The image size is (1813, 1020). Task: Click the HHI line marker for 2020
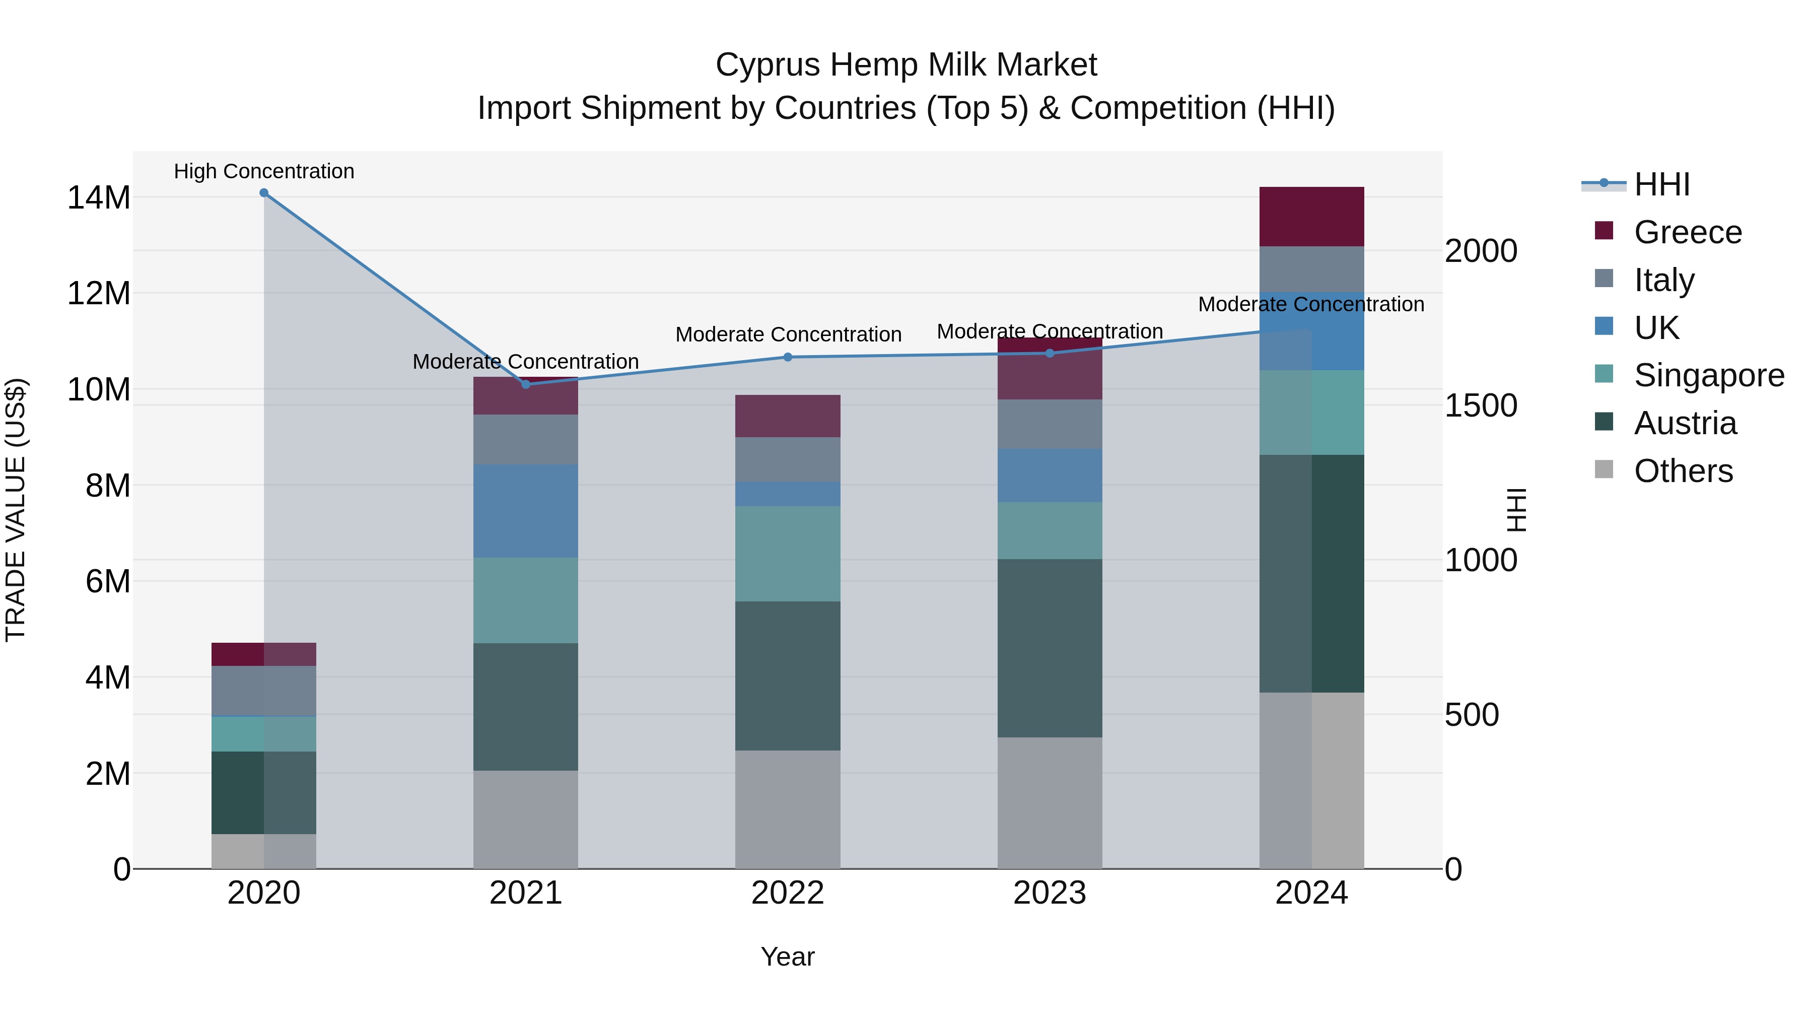pyautogui.click(x=264, y=193)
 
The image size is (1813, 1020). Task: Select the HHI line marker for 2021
pyautogui.click(x=526, y=384)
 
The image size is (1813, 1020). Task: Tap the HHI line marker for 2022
pyautogui.click(x=788, y=358)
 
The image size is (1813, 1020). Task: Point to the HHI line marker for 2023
pyautogui.click(x=1050, y=354)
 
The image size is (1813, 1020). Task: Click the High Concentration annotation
pyautogui.click(x=264, y=172)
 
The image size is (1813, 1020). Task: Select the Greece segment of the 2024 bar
pyautogui.click(x=1311, y=217)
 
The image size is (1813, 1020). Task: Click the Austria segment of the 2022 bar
pyautogui.click(x=788, y=676)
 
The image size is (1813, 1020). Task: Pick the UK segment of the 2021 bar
pyautogui.click(x=526, y=511)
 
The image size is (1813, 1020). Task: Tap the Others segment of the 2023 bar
pyautogui.click(x=1050, y=803)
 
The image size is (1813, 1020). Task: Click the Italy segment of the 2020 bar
pyautogui.click(x=264, y=691)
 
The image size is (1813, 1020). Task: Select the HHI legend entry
pyautogui.click(x=1661, y=184)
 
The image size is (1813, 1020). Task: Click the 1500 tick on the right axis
pyautogui.click(x=1481, y=406)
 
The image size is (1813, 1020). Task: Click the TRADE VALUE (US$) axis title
pyautogui.click(x=16, y=510)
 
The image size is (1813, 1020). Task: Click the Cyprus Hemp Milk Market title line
pyautogui.click(x=906, y=65)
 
